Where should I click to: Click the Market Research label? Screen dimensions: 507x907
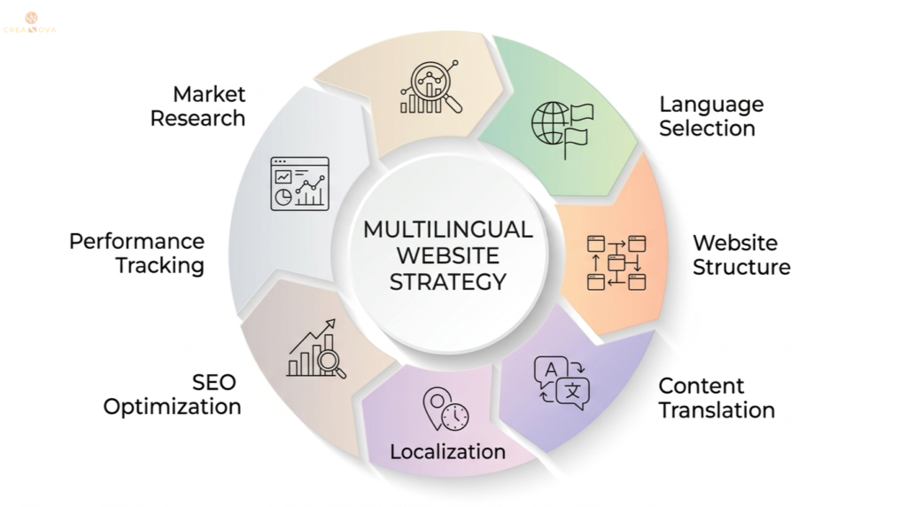point(198,106)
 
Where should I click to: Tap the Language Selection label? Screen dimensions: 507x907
point(710,116)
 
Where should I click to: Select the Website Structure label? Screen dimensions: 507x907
point(740,254)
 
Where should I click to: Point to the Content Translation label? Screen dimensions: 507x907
point(716,398)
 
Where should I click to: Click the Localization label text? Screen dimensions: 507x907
point(447,451)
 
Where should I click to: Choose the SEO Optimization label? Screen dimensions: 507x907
point(173,394)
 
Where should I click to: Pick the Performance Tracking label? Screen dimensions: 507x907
point(136,253)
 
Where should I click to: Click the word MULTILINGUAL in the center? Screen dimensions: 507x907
point(447,230)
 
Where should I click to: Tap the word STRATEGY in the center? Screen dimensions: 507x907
point(448,283)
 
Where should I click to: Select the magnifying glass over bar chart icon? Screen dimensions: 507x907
point(430,88)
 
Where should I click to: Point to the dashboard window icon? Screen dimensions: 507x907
point(299,183)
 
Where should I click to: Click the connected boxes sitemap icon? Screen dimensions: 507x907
point(616,262)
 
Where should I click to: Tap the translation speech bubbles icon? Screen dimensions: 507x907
point(562,383)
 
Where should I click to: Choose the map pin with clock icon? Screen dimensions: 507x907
point(446,409)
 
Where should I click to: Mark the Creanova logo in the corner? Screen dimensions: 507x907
point(31,22)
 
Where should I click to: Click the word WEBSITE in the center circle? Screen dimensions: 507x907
point(447,256)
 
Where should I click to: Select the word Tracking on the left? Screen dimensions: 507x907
point(159,265)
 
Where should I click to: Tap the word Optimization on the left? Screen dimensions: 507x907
point(173,407)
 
